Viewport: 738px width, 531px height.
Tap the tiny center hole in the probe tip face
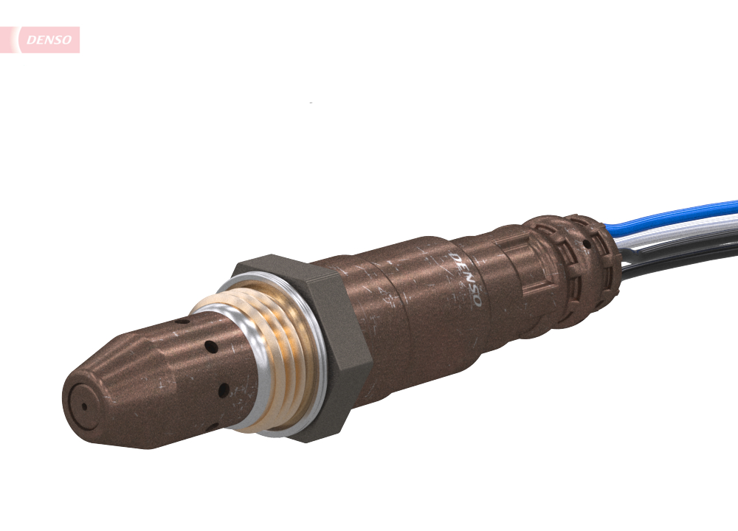tap(83, 406)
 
